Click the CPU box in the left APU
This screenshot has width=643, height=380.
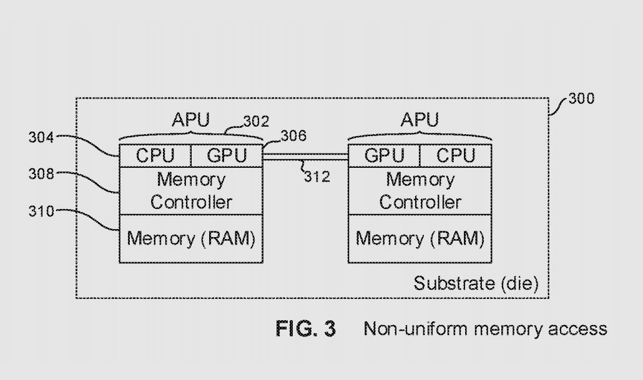point(155,155)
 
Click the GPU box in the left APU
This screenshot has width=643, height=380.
point(226,155)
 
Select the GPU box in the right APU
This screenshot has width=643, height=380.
point(383,155)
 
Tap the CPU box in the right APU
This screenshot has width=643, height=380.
point(456,155)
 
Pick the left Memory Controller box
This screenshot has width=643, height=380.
point(191,191)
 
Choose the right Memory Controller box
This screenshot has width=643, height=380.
point(420,191)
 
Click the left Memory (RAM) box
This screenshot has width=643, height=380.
point(191,238)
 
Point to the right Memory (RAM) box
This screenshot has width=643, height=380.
point(420,238)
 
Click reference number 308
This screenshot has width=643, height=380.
point(41,175)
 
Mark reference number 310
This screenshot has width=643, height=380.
point(41,211)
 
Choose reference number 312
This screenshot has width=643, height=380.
point(317,177)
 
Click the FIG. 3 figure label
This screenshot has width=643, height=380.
point(305,328)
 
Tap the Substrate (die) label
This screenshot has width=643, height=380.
point(476,283)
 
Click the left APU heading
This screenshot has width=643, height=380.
point(190,119)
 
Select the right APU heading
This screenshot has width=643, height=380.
point(420,119)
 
